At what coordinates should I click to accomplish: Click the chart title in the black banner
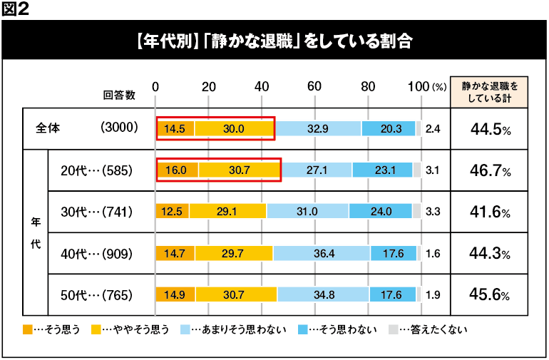(274, 40)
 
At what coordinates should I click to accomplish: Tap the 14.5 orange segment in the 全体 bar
(175, 129)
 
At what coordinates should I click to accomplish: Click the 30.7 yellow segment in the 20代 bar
(240, 170)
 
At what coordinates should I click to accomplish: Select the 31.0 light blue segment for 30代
(307, 212)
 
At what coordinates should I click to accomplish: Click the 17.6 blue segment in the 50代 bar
(390, 294)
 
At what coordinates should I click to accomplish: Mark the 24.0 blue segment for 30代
(381, 212)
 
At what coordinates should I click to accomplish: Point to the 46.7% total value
(490, 171)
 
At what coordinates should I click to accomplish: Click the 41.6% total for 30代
(490, 212)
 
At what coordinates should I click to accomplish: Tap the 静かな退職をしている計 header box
(490, 91)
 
